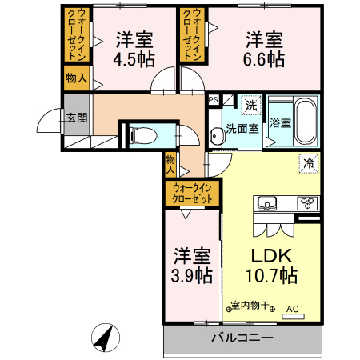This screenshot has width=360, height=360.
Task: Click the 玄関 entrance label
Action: pos(77,118)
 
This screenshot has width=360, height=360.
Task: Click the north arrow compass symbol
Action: pos(103,337)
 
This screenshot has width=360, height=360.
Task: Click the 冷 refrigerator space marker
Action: pos(309,162)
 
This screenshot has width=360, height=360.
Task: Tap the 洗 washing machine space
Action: pos(250,106)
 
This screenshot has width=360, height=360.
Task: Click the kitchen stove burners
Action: pos(308,202)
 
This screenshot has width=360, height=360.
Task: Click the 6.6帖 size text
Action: pos(264,59)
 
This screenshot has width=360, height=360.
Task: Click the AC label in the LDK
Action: pos(292,307)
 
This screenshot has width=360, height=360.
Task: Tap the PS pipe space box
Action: pos(213,100)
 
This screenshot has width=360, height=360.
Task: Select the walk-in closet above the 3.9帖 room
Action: pos(192,192)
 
